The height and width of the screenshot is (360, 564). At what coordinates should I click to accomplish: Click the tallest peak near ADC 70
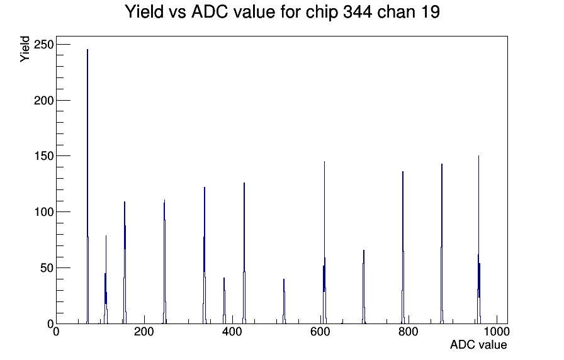87,186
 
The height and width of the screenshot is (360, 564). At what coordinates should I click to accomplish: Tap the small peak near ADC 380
224,301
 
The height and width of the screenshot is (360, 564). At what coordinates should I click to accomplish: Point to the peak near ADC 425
244,253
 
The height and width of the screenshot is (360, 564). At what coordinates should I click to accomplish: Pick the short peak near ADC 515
284,301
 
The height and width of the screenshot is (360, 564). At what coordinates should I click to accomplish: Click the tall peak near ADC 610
324,242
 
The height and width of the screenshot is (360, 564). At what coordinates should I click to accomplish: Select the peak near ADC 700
364,286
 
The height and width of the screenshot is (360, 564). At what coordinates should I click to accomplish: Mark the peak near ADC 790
403,247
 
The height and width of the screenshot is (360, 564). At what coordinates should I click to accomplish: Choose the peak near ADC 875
442,244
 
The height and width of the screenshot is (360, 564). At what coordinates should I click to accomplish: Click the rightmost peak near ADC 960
479,240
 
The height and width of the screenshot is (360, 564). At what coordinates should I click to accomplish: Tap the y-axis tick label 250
43,45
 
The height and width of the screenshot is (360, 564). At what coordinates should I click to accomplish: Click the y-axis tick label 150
43,156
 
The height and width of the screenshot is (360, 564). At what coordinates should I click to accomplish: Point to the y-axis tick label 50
47,268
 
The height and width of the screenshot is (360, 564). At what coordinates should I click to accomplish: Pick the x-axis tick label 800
409,332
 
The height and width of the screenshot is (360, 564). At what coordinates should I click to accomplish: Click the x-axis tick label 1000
496,332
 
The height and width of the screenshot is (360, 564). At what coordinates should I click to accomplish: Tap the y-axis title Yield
25,49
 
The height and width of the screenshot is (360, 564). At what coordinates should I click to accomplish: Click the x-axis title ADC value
478,345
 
